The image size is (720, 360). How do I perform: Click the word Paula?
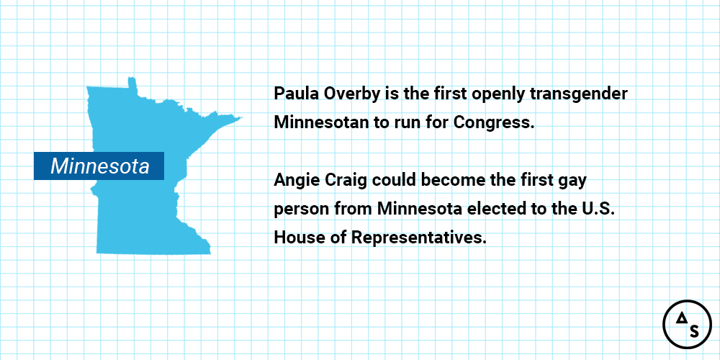pyautogui.click(x=294, y=94)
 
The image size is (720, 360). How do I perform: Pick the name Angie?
pyautogui.click(x=294, y=181)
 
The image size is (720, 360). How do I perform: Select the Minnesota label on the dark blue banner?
pyautogui.click(x=99, y=166)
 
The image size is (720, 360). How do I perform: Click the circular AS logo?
pyautogui.click(x=687, y=324)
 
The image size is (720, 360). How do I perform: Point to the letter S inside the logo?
pyautogui.click(x=694, y=331)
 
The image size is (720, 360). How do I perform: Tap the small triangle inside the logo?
pyautogui.click(x=680, y=318)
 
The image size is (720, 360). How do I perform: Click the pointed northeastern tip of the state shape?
pyautogui.click(x=241, y=117)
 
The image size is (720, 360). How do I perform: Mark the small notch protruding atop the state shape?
pyautogui.click(x=132, y=83)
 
